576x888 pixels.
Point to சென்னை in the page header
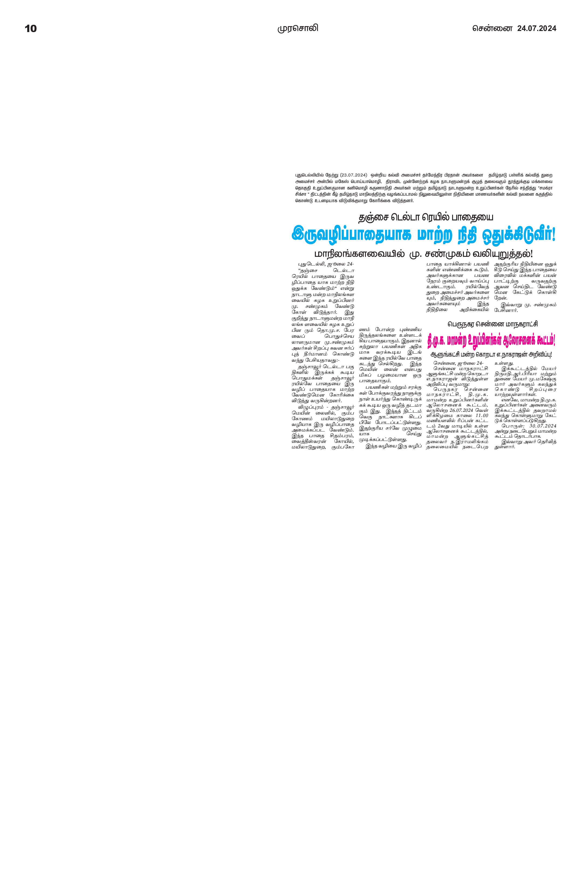(492, 28)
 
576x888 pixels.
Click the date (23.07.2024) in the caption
(354, 175)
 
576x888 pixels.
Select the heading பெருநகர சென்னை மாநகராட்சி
(492, 324)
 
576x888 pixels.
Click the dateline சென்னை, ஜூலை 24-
(458, 363)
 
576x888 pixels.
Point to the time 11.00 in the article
(482, 415)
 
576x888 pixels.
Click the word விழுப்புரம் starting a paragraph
(311, 407)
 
